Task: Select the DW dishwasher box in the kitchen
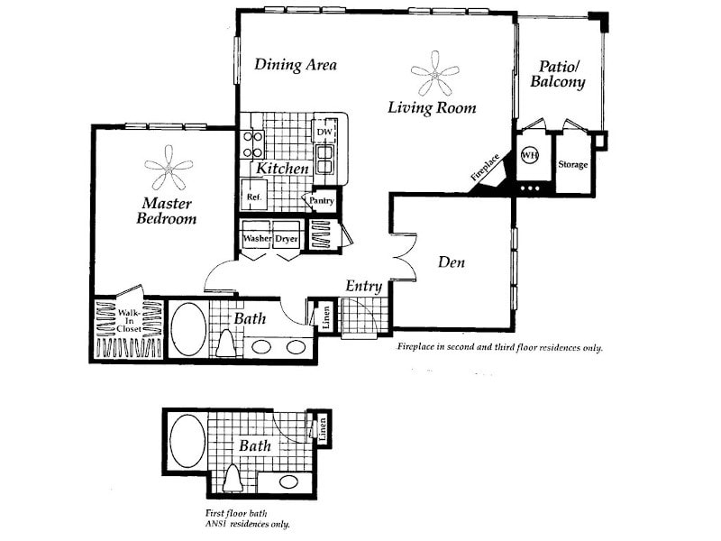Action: [324, 133]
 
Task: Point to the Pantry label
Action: [322, 201]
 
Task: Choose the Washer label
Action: [257, 239]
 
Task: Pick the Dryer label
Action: [287, 239]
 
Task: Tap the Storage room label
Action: [572, 165]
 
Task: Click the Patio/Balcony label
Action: [562, 74]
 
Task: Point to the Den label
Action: [451, 262]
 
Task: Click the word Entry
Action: [364, 286]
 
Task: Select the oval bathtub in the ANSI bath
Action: [187, 442]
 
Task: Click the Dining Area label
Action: [295, 64]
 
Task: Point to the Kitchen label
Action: [282, 169]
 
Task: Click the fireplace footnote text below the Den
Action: [499, 347]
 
